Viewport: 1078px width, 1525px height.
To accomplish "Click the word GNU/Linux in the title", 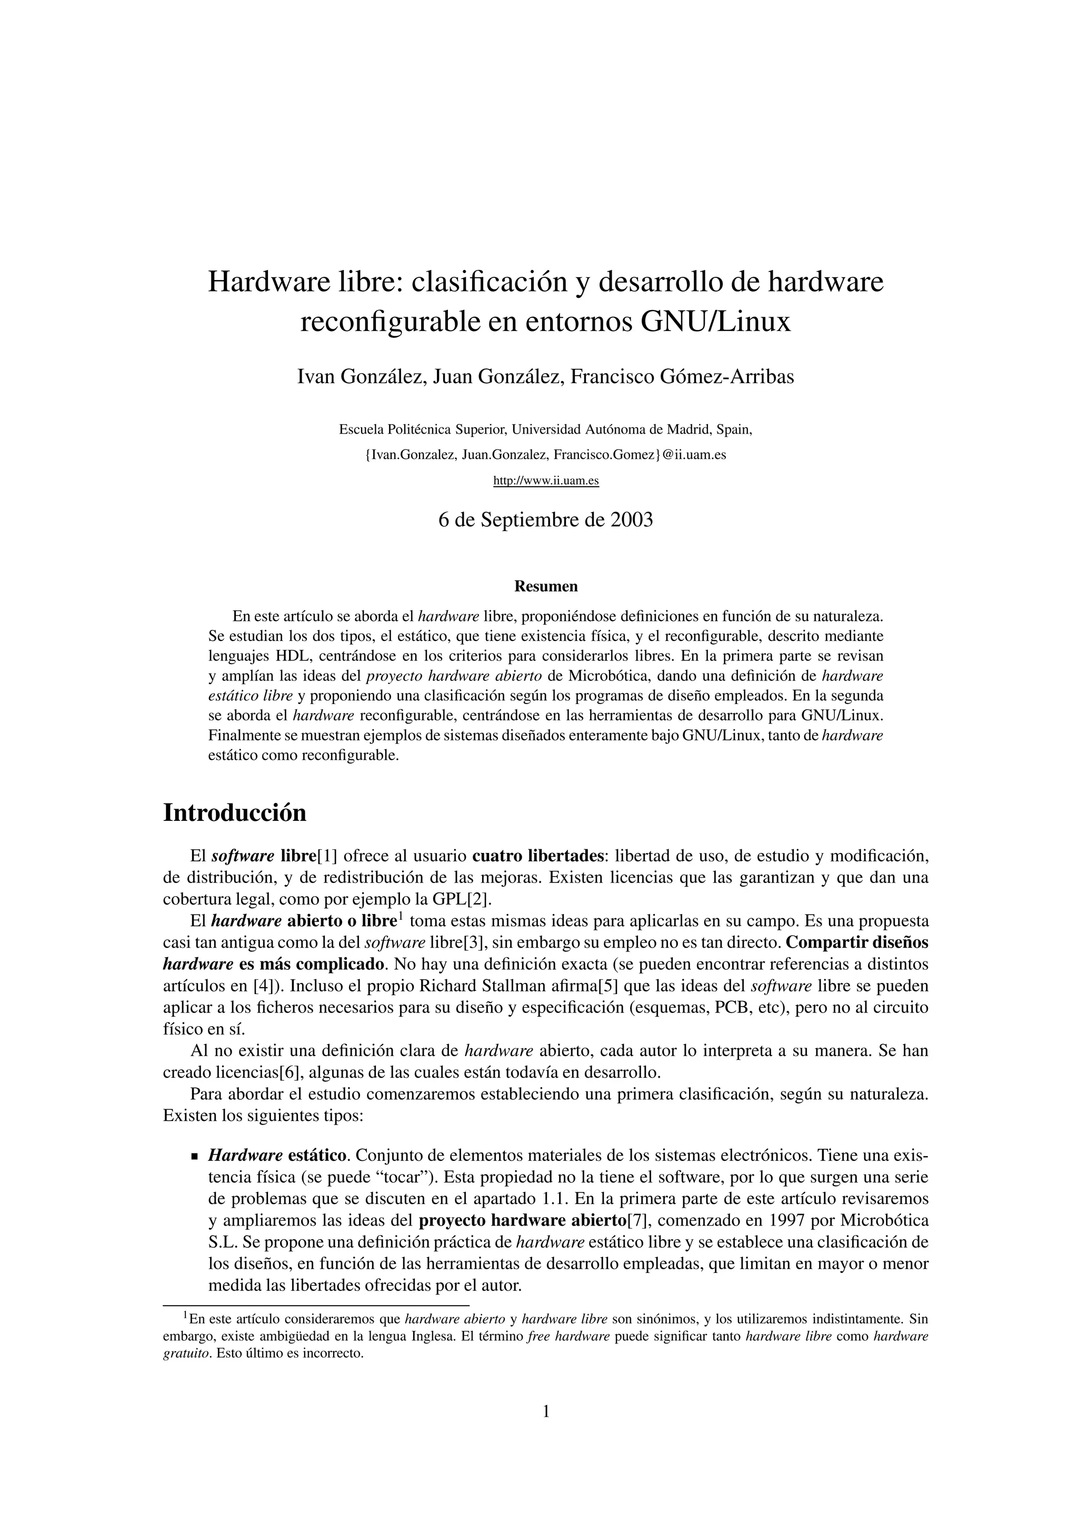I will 716,322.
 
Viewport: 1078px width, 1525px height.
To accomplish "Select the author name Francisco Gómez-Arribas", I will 682,377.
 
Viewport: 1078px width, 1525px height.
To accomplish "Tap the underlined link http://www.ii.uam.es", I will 546,480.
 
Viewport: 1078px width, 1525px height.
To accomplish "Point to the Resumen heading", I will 546,587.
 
